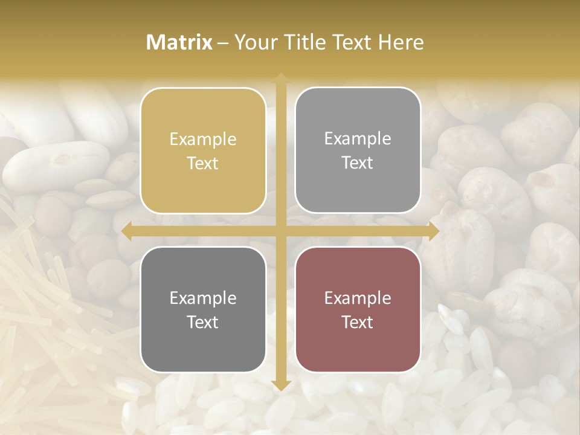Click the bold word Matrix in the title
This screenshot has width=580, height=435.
(179, 42)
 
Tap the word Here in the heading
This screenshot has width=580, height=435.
(401, 42)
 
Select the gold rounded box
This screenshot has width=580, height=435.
(203, 151)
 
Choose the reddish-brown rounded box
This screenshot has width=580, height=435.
(358, 309)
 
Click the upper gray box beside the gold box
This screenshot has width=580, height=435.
(358, 150)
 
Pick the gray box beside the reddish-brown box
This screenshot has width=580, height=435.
(203, 309)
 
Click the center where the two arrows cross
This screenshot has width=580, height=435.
(280, 231)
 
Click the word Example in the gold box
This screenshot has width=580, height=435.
(203, 140)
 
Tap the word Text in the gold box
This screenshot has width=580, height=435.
(203, 164)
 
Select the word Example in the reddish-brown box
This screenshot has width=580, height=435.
(358, 298)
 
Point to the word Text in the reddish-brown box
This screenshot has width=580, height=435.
(358, 322)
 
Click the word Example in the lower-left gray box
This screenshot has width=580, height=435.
(203, 298)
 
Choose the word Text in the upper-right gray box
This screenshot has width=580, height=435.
(358, 163)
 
